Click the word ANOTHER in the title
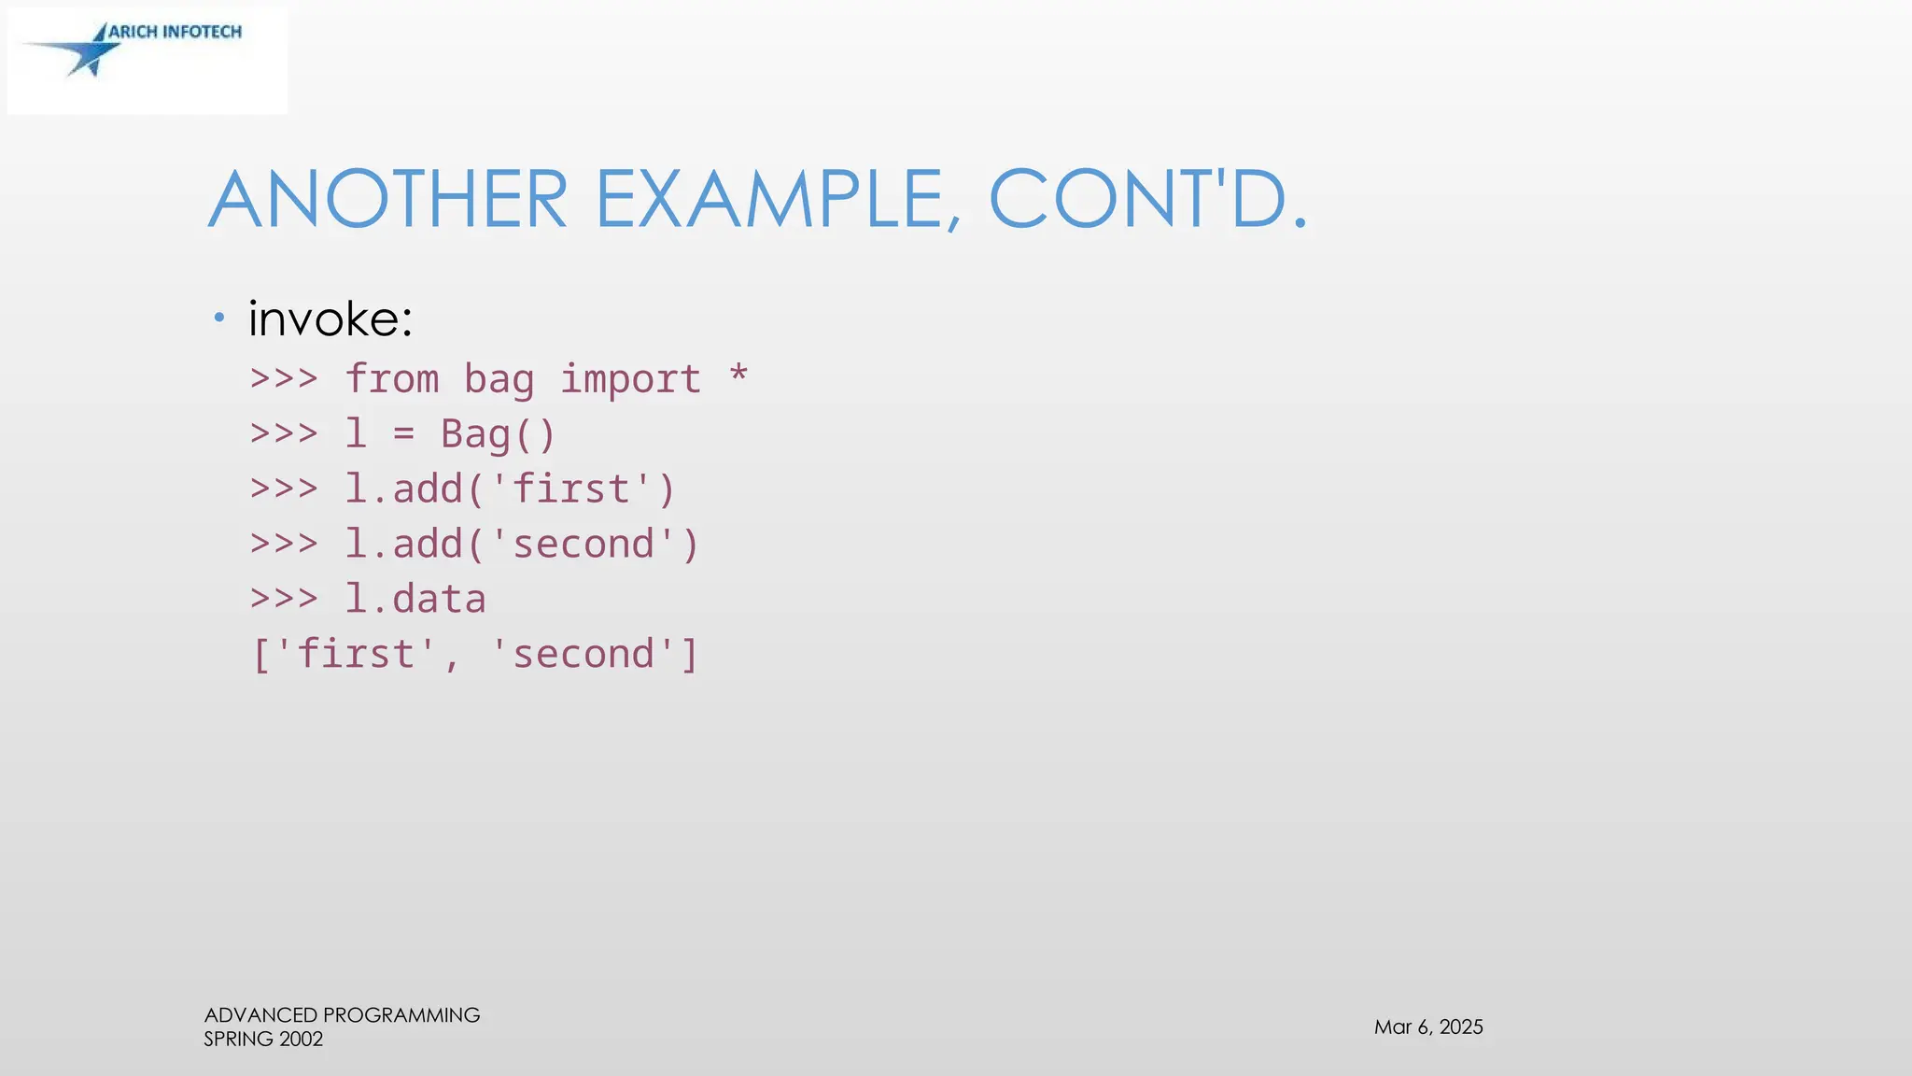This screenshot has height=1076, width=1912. tap(387, 199)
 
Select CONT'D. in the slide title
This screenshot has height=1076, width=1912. tap(1147, 199)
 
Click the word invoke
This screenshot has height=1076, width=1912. tap(330, 319)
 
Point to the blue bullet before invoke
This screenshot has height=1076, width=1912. tap(219, 319)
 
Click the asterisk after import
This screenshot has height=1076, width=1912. tap(738, 375)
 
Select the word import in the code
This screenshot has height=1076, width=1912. tap(630, 379)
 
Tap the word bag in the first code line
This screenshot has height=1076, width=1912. tap(499, 379)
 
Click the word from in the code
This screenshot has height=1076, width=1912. tap(392, 379)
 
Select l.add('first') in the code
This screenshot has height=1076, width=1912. tap(511, 489)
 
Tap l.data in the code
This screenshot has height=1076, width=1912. tap(415, 600)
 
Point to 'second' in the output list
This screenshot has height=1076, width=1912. tap(583, 654)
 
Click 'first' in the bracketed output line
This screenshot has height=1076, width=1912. tap(356, 654)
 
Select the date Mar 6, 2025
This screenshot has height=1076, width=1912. tap(1428, 1027)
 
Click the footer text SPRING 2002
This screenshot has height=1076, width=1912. tap(263, 1040)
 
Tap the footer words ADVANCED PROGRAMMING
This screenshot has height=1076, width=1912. tap(342, 1015)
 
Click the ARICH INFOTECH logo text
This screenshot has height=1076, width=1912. tap(176, 32)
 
